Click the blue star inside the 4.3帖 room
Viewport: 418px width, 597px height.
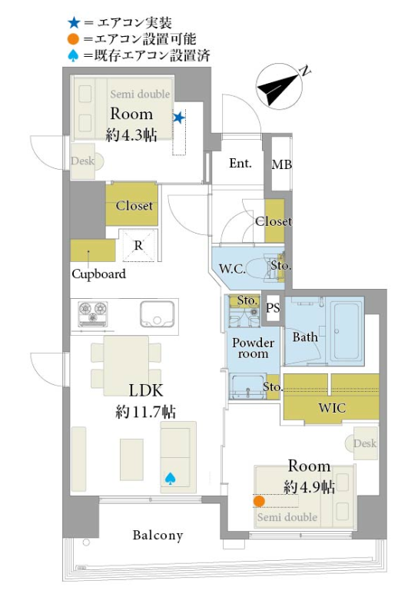pos(178,118)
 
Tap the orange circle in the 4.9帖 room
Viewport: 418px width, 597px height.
pos(259,501)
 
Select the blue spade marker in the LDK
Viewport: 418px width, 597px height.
pos(170,479)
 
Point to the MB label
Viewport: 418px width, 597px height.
pos(282,164)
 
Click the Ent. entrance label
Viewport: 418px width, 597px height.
pos(241,164)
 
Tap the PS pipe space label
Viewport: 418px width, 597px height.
pos(273,307)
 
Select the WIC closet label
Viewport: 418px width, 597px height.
pos(333,408)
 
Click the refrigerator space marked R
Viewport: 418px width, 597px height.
pos(138,245)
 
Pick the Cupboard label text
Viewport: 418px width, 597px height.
pos(98,274)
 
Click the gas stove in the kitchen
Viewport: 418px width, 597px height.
pos(92,313)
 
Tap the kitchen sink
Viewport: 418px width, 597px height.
pos(158,314)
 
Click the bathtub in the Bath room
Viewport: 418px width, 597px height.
pos(347,331)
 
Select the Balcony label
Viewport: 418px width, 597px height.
pos(158,536)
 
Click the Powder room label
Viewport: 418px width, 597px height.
pos(253,348)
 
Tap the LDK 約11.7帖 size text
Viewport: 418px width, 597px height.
pos(145,411)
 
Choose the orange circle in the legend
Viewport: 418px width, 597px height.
pos(74,39)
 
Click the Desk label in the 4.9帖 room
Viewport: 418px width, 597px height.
pos(365,443)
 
